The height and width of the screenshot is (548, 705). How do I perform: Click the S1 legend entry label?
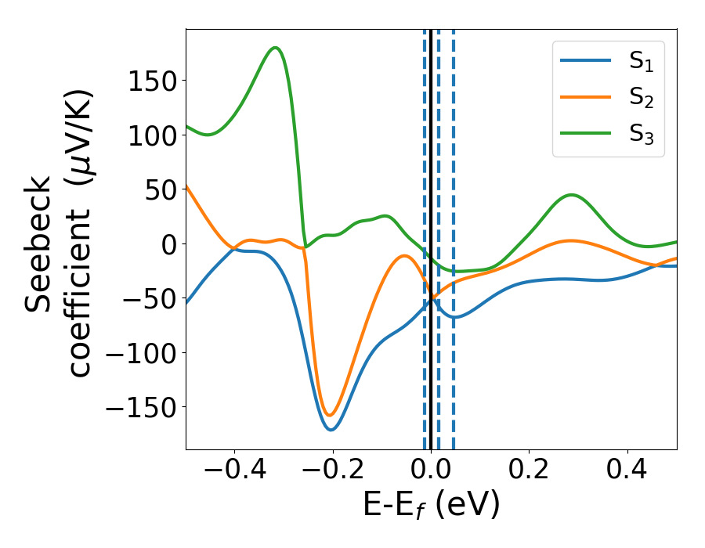pos(641,63)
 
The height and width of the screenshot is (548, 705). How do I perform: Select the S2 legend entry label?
pos(641,99)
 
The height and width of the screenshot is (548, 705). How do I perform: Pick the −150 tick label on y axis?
pos(141,407)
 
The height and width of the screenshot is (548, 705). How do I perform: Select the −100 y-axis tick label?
pos(141,352)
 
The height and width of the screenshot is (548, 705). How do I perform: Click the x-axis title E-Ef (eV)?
pos(431,506)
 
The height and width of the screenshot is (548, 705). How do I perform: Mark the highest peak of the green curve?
pos(275,48)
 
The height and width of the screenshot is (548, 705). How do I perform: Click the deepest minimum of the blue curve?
pos(331,430)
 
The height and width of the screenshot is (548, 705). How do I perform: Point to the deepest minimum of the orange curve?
pos(330,415)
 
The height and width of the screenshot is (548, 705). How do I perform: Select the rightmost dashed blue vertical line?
pos(454,235)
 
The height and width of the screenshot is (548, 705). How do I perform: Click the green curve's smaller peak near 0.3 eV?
pos(572,195)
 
